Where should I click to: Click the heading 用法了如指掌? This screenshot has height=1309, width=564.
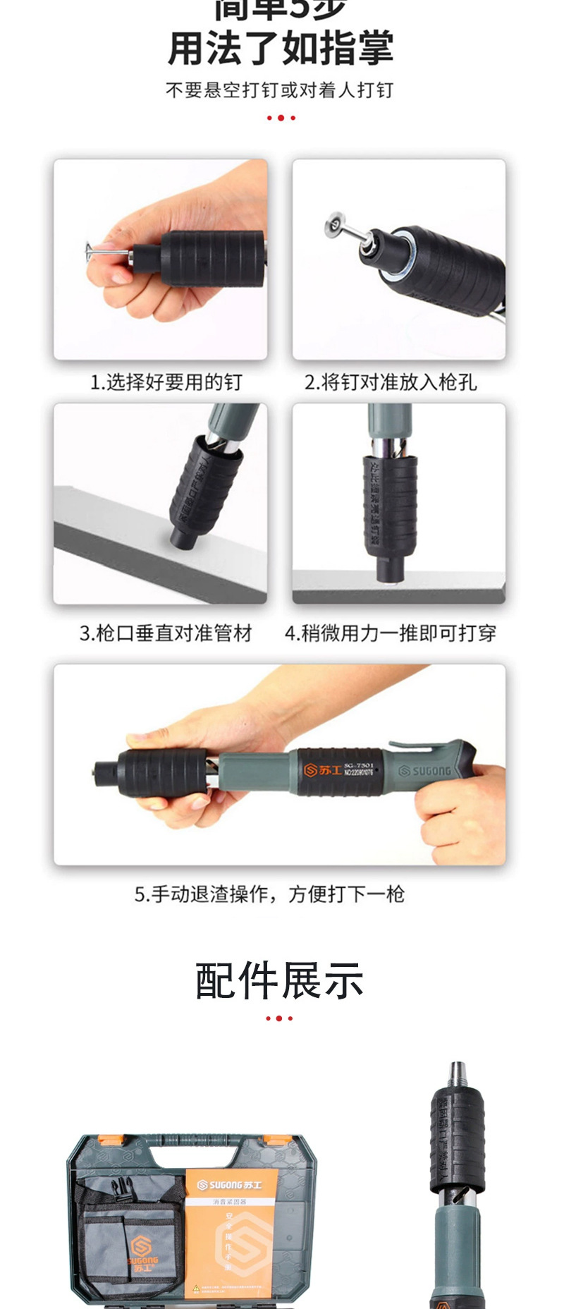[x=281, y=49]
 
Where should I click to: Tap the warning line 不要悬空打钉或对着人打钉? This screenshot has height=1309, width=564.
[x=280, y=90]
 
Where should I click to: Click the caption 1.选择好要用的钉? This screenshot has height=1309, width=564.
[x=166, y=382]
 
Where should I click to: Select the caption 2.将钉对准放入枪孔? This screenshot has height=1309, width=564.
[x=391, y=382]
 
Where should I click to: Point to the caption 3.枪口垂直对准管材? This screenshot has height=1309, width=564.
[x=166, y=633]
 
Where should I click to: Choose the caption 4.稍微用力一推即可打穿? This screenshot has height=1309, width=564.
[x=391, y=633]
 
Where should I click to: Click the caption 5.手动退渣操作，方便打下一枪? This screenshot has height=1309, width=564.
[x=269, y=894]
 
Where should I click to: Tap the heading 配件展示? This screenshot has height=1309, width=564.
[x=279, y=980]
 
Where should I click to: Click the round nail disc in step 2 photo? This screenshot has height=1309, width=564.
[x=332, y=225]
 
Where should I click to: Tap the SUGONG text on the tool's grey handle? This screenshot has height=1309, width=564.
[x=424, y=771]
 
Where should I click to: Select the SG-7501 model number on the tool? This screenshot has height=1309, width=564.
[x=364, y=765]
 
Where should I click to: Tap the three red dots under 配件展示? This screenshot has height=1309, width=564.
[x=279, y=1018]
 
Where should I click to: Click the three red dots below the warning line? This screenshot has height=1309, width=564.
[x=281, y=118]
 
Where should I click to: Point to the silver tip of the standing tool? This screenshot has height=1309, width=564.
[x=458, y=1072]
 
